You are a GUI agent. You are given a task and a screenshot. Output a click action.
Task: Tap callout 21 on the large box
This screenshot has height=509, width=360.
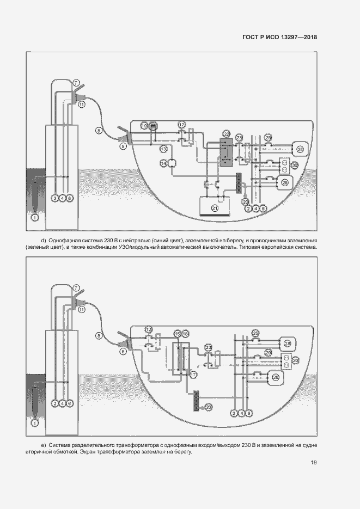pyautogui.click(x=215, y=208)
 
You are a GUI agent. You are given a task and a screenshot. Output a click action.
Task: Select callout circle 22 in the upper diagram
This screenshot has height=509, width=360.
pyautogui.click(x=227, y=133)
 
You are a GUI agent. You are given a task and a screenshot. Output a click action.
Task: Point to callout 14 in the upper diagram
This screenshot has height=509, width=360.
pyautogui.click(x=163, y=163)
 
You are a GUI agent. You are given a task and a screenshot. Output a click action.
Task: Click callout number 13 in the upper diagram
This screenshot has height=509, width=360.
pyautogui.click(x=163, y=149)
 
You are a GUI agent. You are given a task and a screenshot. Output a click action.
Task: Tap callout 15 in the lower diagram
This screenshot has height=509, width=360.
pyautogui.click(x=176, y=333)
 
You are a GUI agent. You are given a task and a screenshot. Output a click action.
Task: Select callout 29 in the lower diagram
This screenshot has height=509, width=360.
pyautogui.click(x=268, y=353)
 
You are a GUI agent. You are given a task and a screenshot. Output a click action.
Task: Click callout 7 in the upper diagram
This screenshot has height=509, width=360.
pyautogui.click(x=76, y=82)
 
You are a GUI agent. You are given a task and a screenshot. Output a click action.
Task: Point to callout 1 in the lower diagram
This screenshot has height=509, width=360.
pyautogui.click(x=35, y=422)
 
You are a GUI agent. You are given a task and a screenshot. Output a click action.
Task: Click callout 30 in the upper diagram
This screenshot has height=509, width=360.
pyautogui.click(x=295, y=165)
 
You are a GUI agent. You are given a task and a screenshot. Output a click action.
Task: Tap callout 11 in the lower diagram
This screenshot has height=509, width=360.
pyautogui.click(x=82, y=309)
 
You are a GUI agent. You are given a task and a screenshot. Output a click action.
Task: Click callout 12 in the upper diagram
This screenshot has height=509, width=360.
pyautogui.click(x=182, y=125)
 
